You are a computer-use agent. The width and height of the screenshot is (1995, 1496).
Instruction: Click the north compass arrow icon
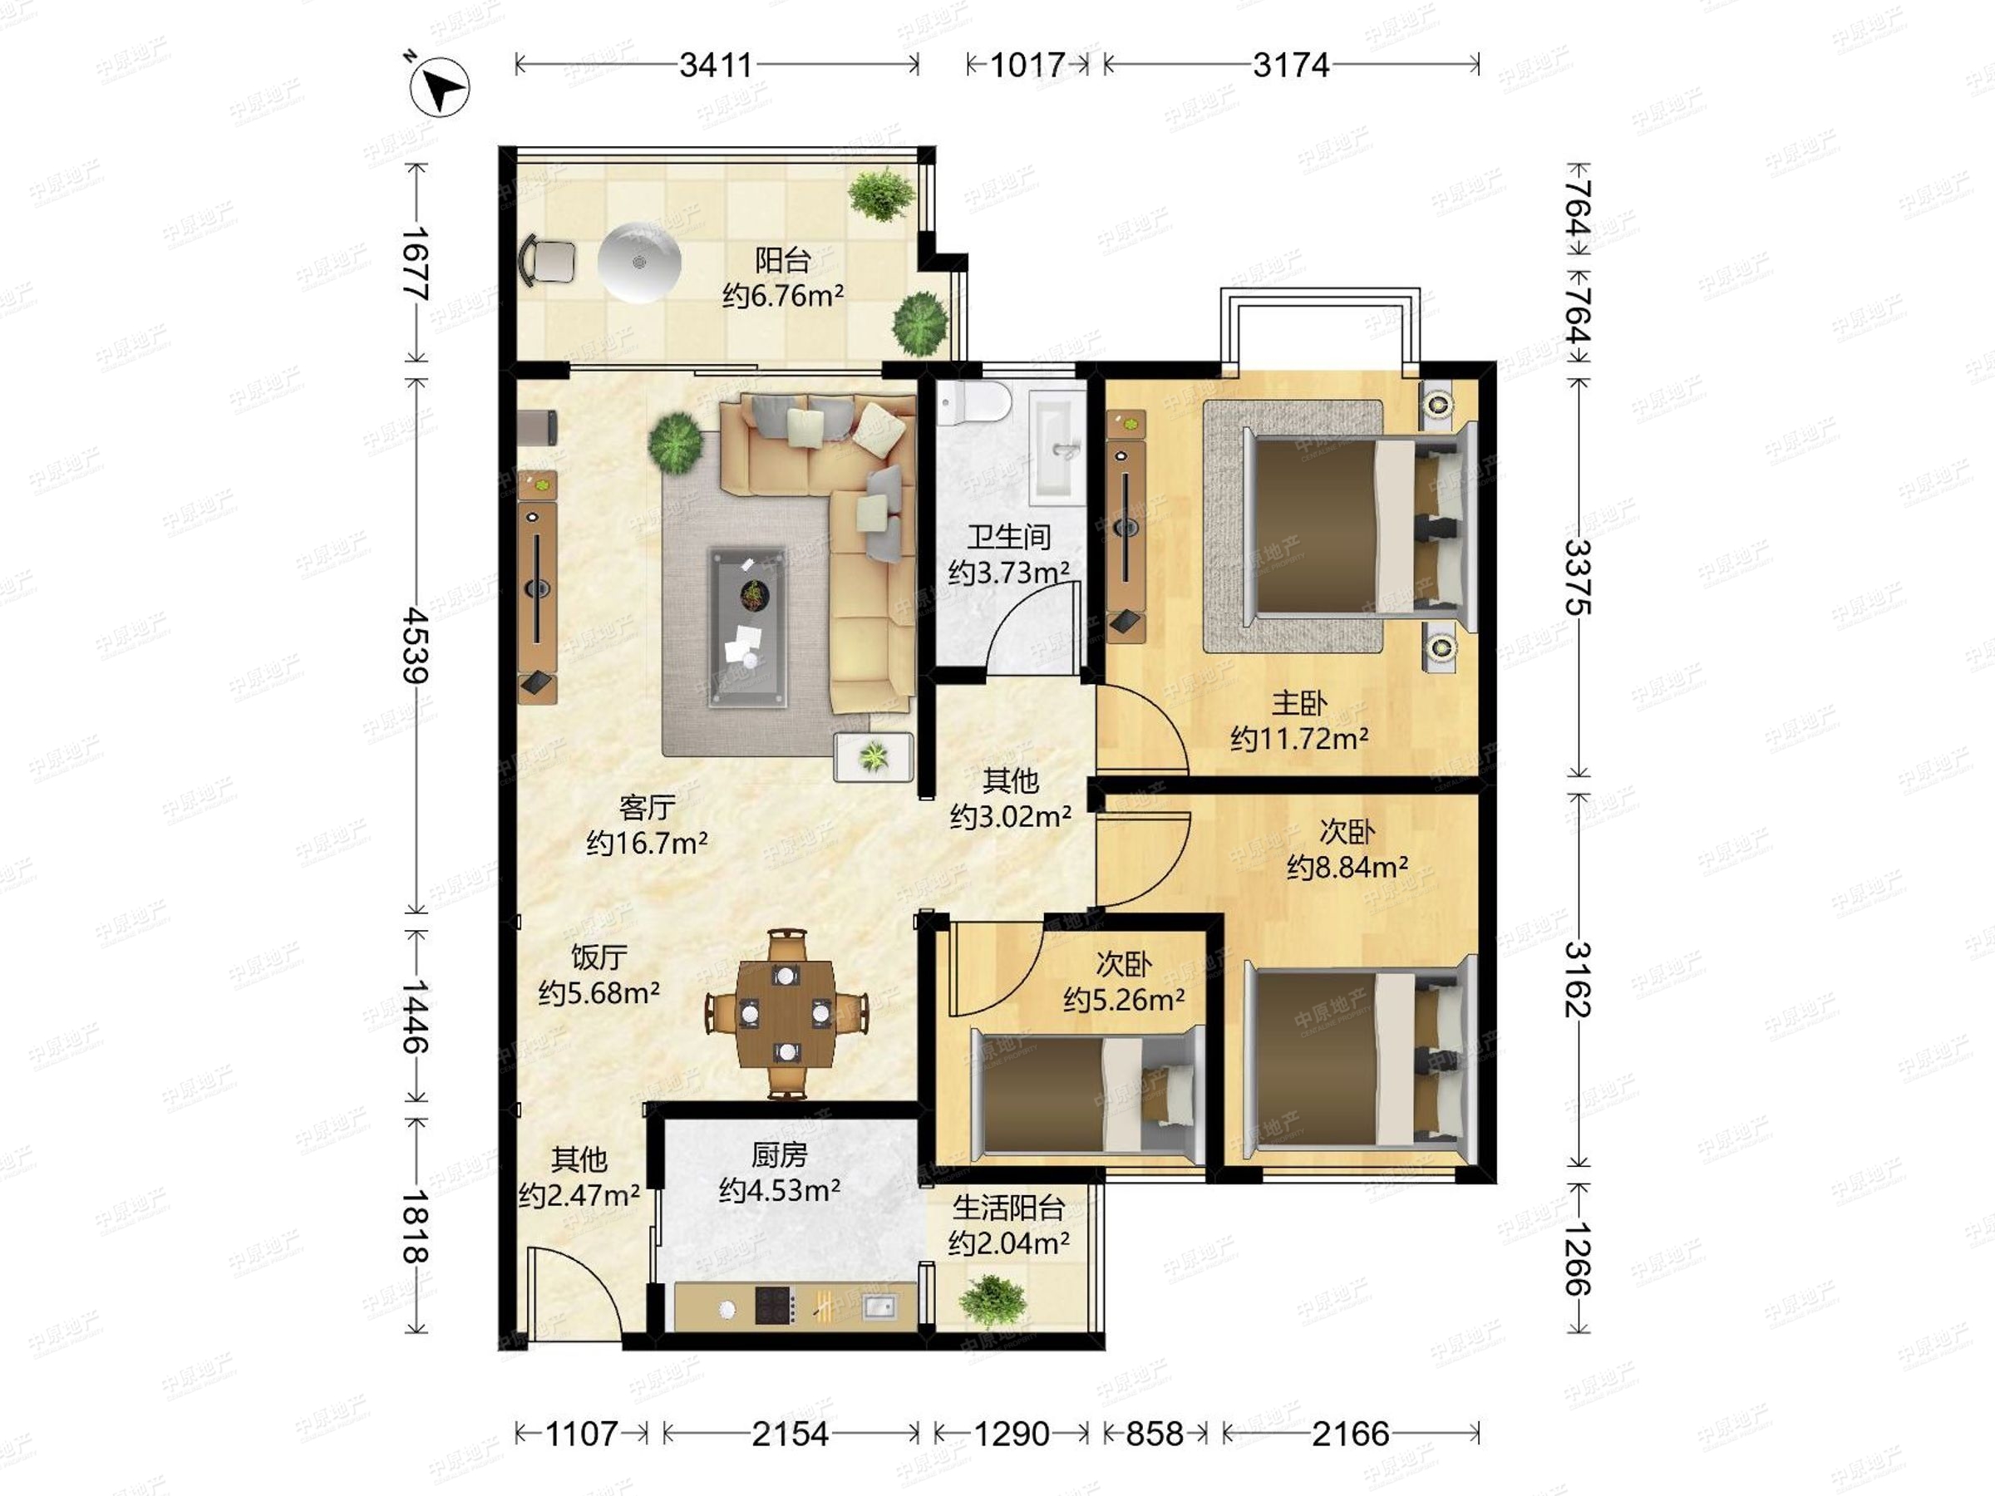click(439, 87)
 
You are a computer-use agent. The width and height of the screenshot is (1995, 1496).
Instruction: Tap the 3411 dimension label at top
click(716, 65)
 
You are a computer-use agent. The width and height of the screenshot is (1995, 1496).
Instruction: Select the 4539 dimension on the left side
click(416, 645)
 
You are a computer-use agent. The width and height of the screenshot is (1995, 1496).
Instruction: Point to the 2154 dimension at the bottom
click(790, 1433)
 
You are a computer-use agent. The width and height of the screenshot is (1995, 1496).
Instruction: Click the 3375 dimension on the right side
click(1578, 577)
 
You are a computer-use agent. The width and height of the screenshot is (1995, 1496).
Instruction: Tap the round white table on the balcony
click(639, 263)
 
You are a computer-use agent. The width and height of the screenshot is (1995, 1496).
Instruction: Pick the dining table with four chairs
click(786, 1014)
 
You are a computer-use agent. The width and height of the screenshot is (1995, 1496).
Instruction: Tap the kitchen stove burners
click(775, 1305)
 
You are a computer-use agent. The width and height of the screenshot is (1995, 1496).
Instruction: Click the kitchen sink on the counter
click(878, 1305)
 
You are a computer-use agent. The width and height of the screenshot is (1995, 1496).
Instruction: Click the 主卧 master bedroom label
click(1298, 702)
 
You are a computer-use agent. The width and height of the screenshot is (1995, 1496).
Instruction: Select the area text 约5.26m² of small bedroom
click(1124, 1000)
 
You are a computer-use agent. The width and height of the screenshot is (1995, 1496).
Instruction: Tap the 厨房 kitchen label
click(779, 1155)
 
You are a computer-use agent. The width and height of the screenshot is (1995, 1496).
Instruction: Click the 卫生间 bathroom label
click(1009, 538)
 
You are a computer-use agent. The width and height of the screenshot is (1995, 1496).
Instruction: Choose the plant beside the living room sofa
click(675, 442)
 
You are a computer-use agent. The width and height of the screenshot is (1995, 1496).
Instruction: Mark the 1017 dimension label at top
click(1027, 65)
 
